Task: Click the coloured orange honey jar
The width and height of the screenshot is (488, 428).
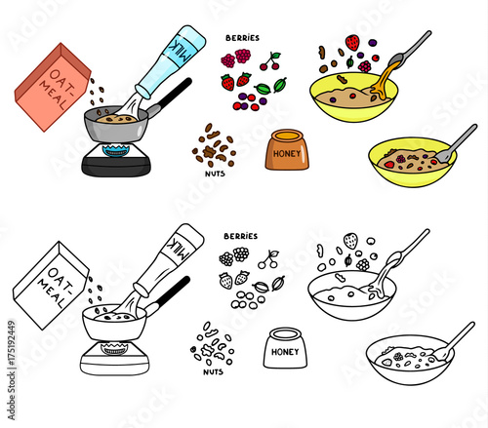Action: [287, 149]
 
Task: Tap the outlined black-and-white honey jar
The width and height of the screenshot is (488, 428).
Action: [285, 348]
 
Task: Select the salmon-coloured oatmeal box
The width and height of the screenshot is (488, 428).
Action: [52, 87]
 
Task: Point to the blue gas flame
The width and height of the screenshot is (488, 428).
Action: [115, 150]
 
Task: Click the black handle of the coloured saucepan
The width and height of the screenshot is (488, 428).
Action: [172, 94]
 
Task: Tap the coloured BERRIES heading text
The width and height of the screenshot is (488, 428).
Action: [243, 38]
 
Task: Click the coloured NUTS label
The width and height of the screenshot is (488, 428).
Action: [215, 174]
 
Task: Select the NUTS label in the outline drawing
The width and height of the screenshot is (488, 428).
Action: [213, 371]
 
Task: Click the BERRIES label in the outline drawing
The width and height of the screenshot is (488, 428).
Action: [241, 236]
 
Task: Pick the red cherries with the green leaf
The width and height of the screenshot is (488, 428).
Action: [270, 61]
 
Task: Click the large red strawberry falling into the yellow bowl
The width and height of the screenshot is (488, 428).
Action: [352, 43]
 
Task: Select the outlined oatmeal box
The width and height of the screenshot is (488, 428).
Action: [51, 286]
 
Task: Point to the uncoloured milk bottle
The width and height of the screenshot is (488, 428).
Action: [169, 260]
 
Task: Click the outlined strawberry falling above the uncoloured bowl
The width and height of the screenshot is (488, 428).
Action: [350, 241]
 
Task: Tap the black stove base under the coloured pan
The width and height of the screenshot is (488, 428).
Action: [116, 167]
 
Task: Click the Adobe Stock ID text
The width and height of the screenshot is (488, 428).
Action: [11, 370]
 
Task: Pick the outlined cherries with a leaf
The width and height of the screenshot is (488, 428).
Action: [268, 259]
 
